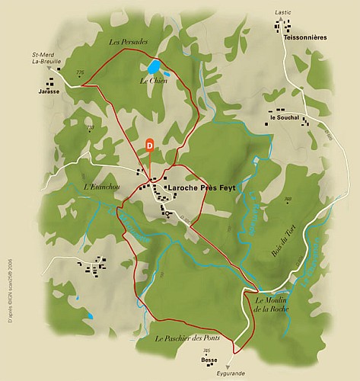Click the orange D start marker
pyautogui.click(x=149, y=143)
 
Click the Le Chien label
pyautogui.click(x=152, y=80)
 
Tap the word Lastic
pyautogui.click(x=282, y=13)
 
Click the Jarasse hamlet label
pyautogui.click(x=48, y=90)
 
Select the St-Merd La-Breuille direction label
pyautogui.click(x=47, y=59)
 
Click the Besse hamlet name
pyautogui.click(x=209, y=360)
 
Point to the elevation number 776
pyautogui.click(x=80, y=72)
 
